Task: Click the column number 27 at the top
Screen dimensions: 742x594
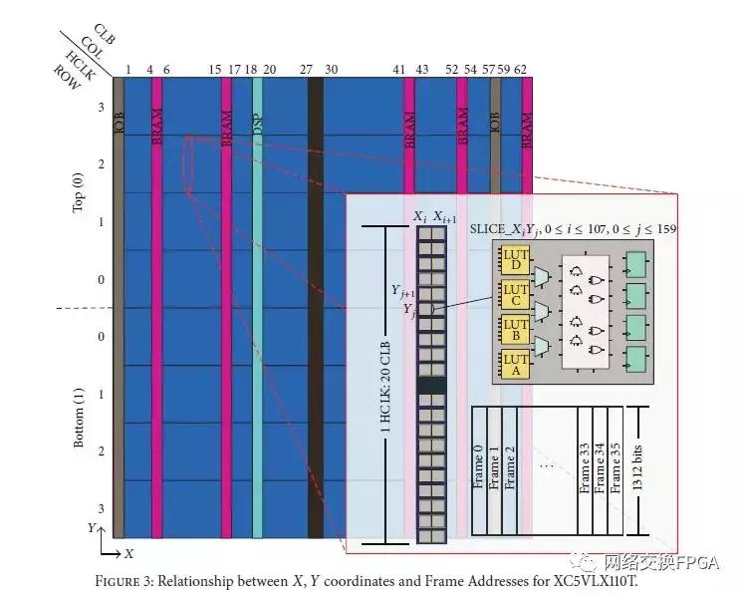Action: pyautogui.click(x=306, y=70)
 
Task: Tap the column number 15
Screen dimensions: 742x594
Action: pyautogui.click(x=215, y=70)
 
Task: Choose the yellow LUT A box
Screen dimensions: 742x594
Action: pyautogui.click(x=515, y=364)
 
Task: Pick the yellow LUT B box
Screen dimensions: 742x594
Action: pyautogui.click(x=515, y=330)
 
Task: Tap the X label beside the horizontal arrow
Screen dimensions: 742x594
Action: pyautogui.click(x=128, y=552)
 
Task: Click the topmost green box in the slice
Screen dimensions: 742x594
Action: pyautogui.click(x=634, y=264)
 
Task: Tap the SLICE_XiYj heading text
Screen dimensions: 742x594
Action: pyautogui.click(x=573, y=229)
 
